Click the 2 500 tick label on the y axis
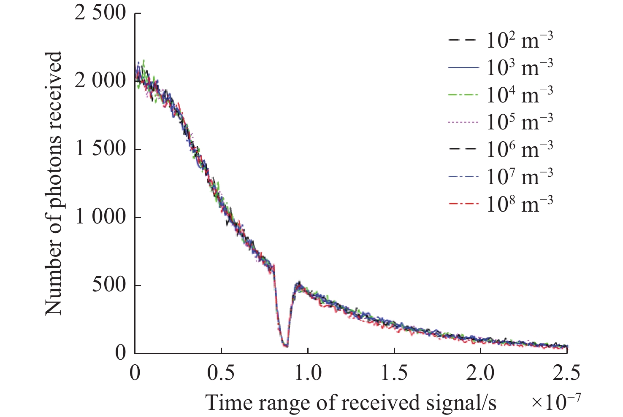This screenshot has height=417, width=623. [x=100, y=13]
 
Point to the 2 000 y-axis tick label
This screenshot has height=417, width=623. [x=100, y=81]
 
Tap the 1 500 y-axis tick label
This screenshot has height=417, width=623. [x=100, y=149]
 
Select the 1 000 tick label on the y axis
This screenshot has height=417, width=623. [x=100, y=217]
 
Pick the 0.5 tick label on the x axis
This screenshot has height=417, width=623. [x=221, y=373]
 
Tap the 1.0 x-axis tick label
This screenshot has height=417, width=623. [x=308, y=373]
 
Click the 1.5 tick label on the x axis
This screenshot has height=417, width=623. [x=394, y=373]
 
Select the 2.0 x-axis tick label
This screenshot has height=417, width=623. [x=481, y=373]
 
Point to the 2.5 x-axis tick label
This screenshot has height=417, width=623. [x=566, y=373]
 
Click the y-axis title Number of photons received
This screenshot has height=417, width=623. [x=54, y=183]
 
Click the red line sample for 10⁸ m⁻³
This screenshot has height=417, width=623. [x=463, y=204]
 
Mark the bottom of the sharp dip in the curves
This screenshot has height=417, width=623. [x=286, y=346]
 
